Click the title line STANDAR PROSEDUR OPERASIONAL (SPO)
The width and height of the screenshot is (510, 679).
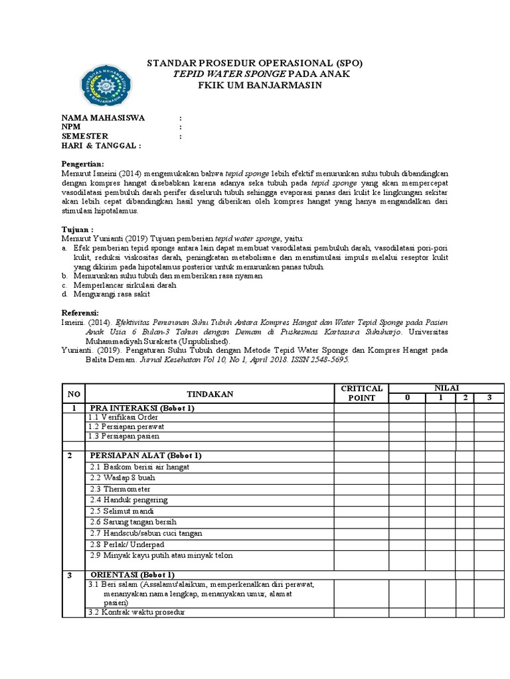[x=254, y=63]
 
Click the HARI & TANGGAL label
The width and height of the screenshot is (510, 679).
[x=101, y=145]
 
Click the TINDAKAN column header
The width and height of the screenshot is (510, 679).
[x=209, y=394]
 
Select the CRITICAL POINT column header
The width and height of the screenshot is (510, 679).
[x=361, y=393]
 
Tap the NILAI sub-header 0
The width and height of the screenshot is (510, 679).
[x=406, y=398]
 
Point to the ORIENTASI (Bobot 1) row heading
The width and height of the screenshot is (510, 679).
[x=132, y=574]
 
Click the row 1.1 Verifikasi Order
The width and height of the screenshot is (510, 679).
[x=124, y=417]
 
